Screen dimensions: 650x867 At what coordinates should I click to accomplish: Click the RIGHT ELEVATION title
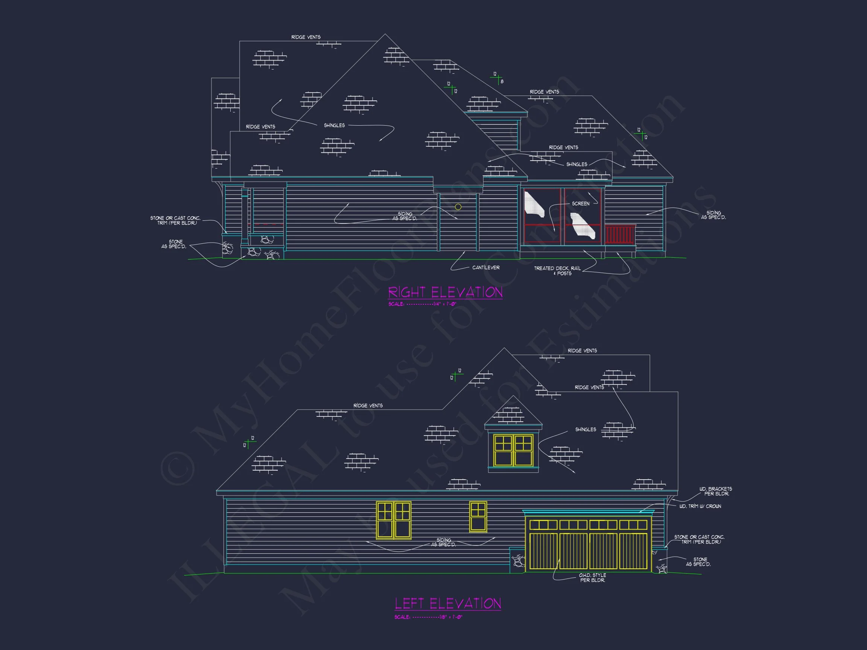(x=445, y=292)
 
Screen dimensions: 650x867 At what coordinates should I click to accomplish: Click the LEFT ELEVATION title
(x=447, y=603)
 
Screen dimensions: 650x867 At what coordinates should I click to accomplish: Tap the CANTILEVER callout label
(x=486, y=267)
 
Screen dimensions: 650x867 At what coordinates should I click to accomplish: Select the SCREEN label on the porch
(x=581, y=204)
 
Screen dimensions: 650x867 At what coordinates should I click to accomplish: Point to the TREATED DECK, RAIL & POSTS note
(x=557, y=271)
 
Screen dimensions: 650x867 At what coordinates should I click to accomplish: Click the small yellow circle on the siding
(x=458, y=207)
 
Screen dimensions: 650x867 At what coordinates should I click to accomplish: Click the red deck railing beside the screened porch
(x=619, y=235)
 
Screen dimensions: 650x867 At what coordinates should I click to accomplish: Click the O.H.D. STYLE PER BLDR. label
(x=592, y=578)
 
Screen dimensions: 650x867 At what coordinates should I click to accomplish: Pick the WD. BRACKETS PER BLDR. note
(x=716, y=491)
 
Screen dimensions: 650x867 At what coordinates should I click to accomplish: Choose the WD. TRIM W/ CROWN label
(x=700, y=506)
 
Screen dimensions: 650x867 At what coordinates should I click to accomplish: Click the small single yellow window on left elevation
(x=478, y=517)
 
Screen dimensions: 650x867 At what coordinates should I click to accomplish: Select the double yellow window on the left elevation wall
(x=394, y=520)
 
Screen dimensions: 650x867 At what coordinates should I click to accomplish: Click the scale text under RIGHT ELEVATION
(x=423, y=304)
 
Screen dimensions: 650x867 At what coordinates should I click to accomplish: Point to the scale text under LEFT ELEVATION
(x=428, y=617)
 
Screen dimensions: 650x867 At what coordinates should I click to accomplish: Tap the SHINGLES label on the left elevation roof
(x=586, y=430)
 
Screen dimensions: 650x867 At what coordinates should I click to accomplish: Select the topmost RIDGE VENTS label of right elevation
(x=306, y=37)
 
